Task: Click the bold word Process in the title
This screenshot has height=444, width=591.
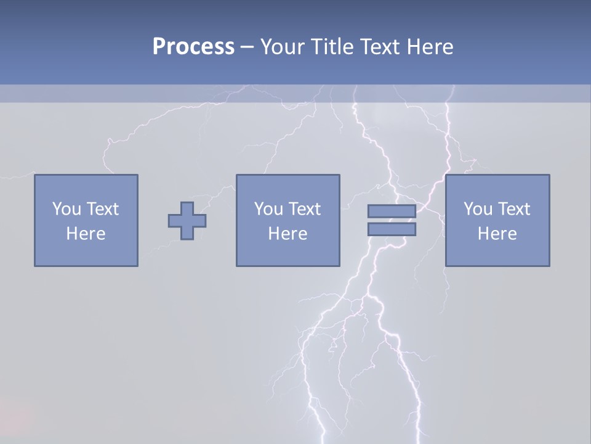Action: click(x=193, y=47)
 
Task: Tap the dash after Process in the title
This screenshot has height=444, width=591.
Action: click(x=247, y=47)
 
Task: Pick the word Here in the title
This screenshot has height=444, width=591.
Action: click(x=431, y=47)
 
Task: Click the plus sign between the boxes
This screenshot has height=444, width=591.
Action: click(x=187, y=221)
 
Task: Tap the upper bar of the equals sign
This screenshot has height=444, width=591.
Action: click(x=392, y=211)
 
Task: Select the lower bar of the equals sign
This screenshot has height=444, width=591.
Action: click(x=392, y=229)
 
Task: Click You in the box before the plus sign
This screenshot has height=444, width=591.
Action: click(x=66, y=209)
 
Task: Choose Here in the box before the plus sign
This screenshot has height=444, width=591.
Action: click(x=86, y=234)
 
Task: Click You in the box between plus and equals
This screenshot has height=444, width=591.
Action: click(x=268, y=209)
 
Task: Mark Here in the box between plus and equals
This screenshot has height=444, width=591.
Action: click(x=288, y=234)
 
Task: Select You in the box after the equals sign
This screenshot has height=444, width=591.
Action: click(x=478, y=209)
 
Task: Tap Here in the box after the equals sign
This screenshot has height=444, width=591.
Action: click(x=497, y=234)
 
